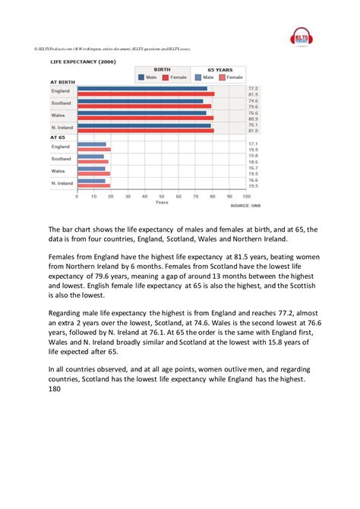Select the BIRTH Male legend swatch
[141, 77]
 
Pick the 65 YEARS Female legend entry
[225, 77]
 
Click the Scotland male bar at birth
[141, 100]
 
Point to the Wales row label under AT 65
[62, 171]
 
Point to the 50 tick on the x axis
[162, 196]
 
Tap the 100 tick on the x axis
[246, 196]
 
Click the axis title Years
[162, 203]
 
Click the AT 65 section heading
[58, 138]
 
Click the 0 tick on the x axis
[77, 196]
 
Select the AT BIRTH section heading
[62, 81]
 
